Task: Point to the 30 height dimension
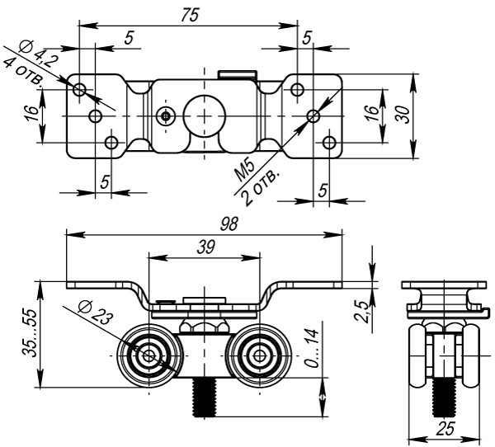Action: [402, 112]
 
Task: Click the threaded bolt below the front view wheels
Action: [205, 397]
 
